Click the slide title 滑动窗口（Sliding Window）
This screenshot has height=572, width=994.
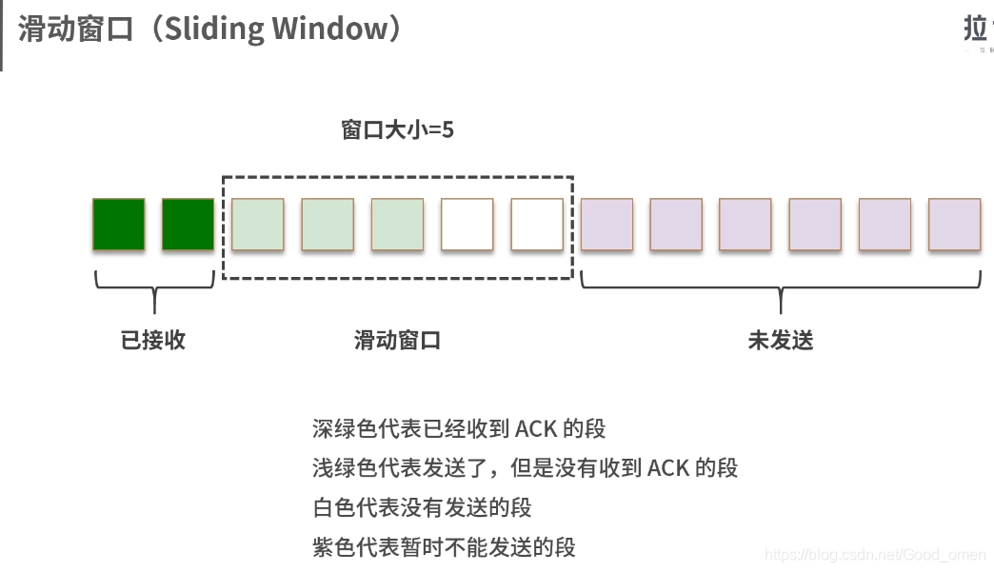(x=210, y=29)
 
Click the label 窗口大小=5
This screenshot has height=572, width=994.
(x=397, y=129)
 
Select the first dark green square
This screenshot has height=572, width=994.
(x=119, y=225)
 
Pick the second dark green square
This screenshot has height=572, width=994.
(x=189, y=225)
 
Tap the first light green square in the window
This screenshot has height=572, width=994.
(x=258, y=225)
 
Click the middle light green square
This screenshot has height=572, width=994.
(x=328, y=225)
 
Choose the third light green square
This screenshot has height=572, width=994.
(x=397, y=225)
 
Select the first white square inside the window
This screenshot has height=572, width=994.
(x=467, y=225)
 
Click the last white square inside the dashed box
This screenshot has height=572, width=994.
(x=537, y=225)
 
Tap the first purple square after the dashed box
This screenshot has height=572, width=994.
(x=606, y=225)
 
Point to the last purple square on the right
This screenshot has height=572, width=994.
(x=954, y=225)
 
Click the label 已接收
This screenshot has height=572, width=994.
(x=153, y=340)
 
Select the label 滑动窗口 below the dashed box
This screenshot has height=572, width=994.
(x=397, y=340)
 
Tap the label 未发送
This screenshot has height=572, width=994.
(x=781, y=340)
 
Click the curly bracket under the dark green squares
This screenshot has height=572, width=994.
(x=153, y=290)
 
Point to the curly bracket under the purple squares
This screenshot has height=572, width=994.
(x=781, y=290)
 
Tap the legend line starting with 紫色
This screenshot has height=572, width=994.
(x=444, y=547)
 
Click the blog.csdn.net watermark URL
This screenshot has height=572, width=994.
(x=875, y=554)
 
